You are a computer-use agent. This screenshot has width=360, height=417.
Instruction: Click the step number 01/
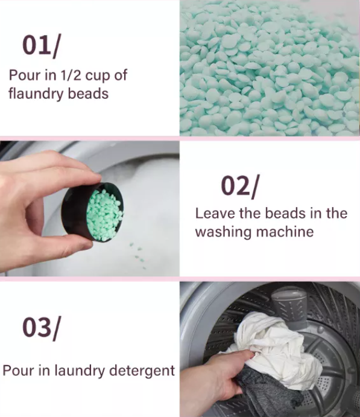click(42, 45)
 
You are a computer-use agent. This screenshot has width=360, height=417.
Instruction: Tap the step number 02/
click(239, 186)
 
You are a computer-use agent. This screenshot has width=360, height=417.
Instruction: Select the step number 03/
click(42, 328)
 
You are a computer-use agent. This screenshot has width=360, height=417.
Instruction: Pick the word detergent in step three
click(142, 371)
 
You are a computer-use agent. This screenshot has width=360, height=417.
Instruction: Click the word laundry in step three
click(80, 371)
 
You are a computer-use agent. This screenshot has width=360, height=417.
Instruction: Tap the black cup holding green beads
click(93, 212)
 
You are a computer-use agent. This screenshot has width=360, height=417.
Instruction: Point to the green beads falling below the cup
click(138, 255)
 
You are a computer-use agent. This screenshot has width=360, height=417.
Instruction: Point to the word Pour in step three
click(18, 371)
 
